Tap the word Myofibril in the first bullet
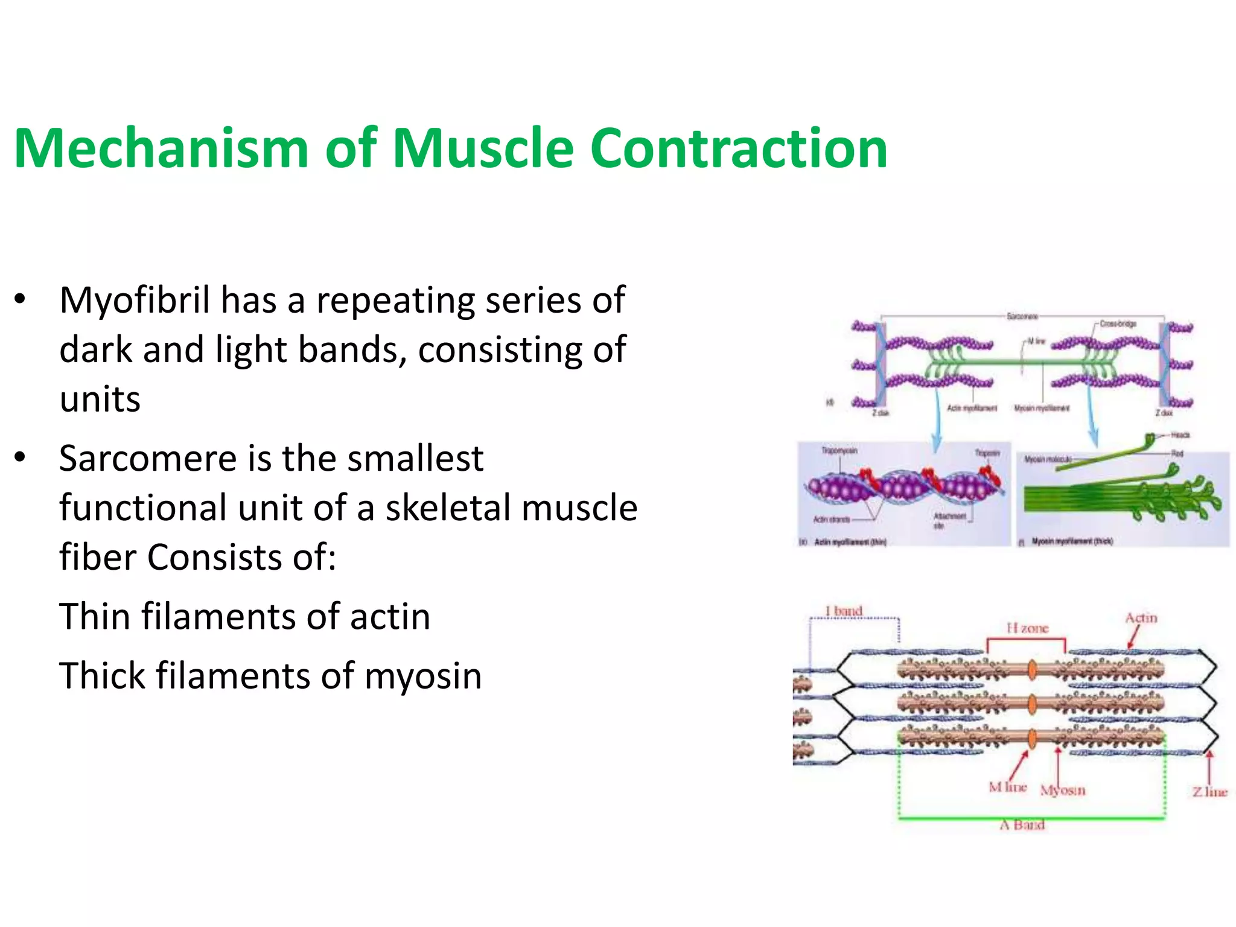tap(135, 301)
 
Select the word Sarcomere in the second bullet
tap(148, 459)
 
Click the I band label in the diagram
tap(844, 611)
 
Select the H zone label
tap(1027, 628)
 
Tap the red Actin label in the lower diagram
tap(1141, 617)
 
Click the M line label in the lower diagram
tap(1007, 787)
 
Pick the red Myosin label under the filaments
tap(1062, 790)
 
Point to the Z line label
tap(1209, 792)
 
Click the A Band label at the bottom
tap(1022, 825)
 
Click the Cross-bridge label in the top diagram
tap(1118, 324)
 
